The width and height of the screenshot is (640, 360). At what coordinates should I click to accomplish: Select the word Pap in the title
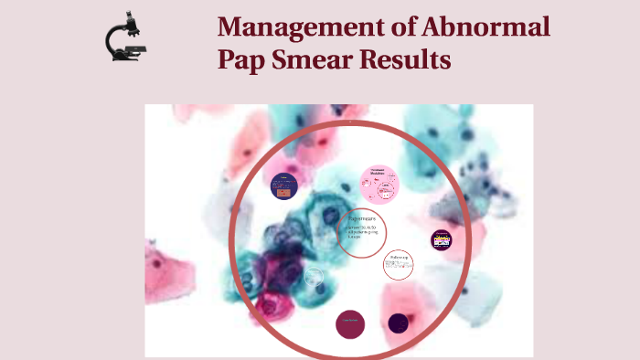[240, 60]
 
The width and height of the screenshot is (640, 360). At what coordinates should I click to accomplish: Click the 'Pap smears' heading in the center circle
[363, 220]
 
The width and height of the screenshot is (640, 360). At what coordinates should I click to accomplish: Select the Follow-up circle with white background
[399, 264]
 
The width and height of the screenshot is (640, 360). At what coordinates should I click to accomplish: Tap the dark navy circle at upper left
[284, 186]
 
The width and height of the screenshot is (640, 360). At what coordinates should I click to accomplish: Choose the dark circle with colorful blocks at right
[443, 240]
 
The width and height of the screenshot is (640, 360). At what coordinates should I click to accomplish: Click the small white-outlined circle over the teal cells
[315, 276]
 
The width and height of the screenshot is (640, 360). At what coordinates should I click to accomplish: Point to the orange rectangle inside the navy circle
[285, 193]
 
